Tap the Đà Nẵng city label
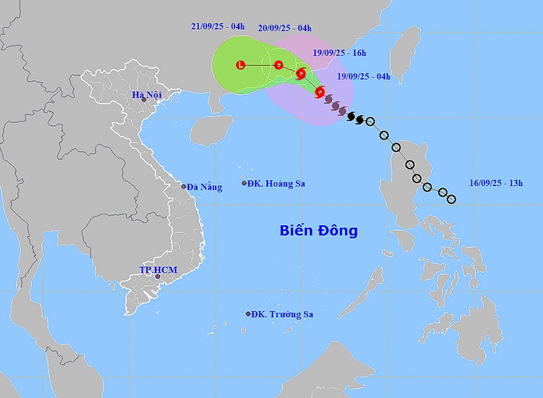204,187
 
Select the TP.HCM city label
158,270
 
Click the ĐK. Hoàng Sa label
276,183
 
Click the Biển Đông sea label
319,231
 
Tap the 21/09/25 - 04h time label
218,27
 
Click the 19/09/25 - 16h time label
340,53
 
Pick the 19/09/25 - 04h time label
364,76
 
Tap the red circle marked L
241,65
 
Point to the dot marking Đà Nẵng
184,186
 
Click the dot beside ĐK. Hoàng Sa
244,183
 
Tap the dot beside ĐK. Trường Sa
248,314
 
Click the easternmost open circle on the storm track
452,199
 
